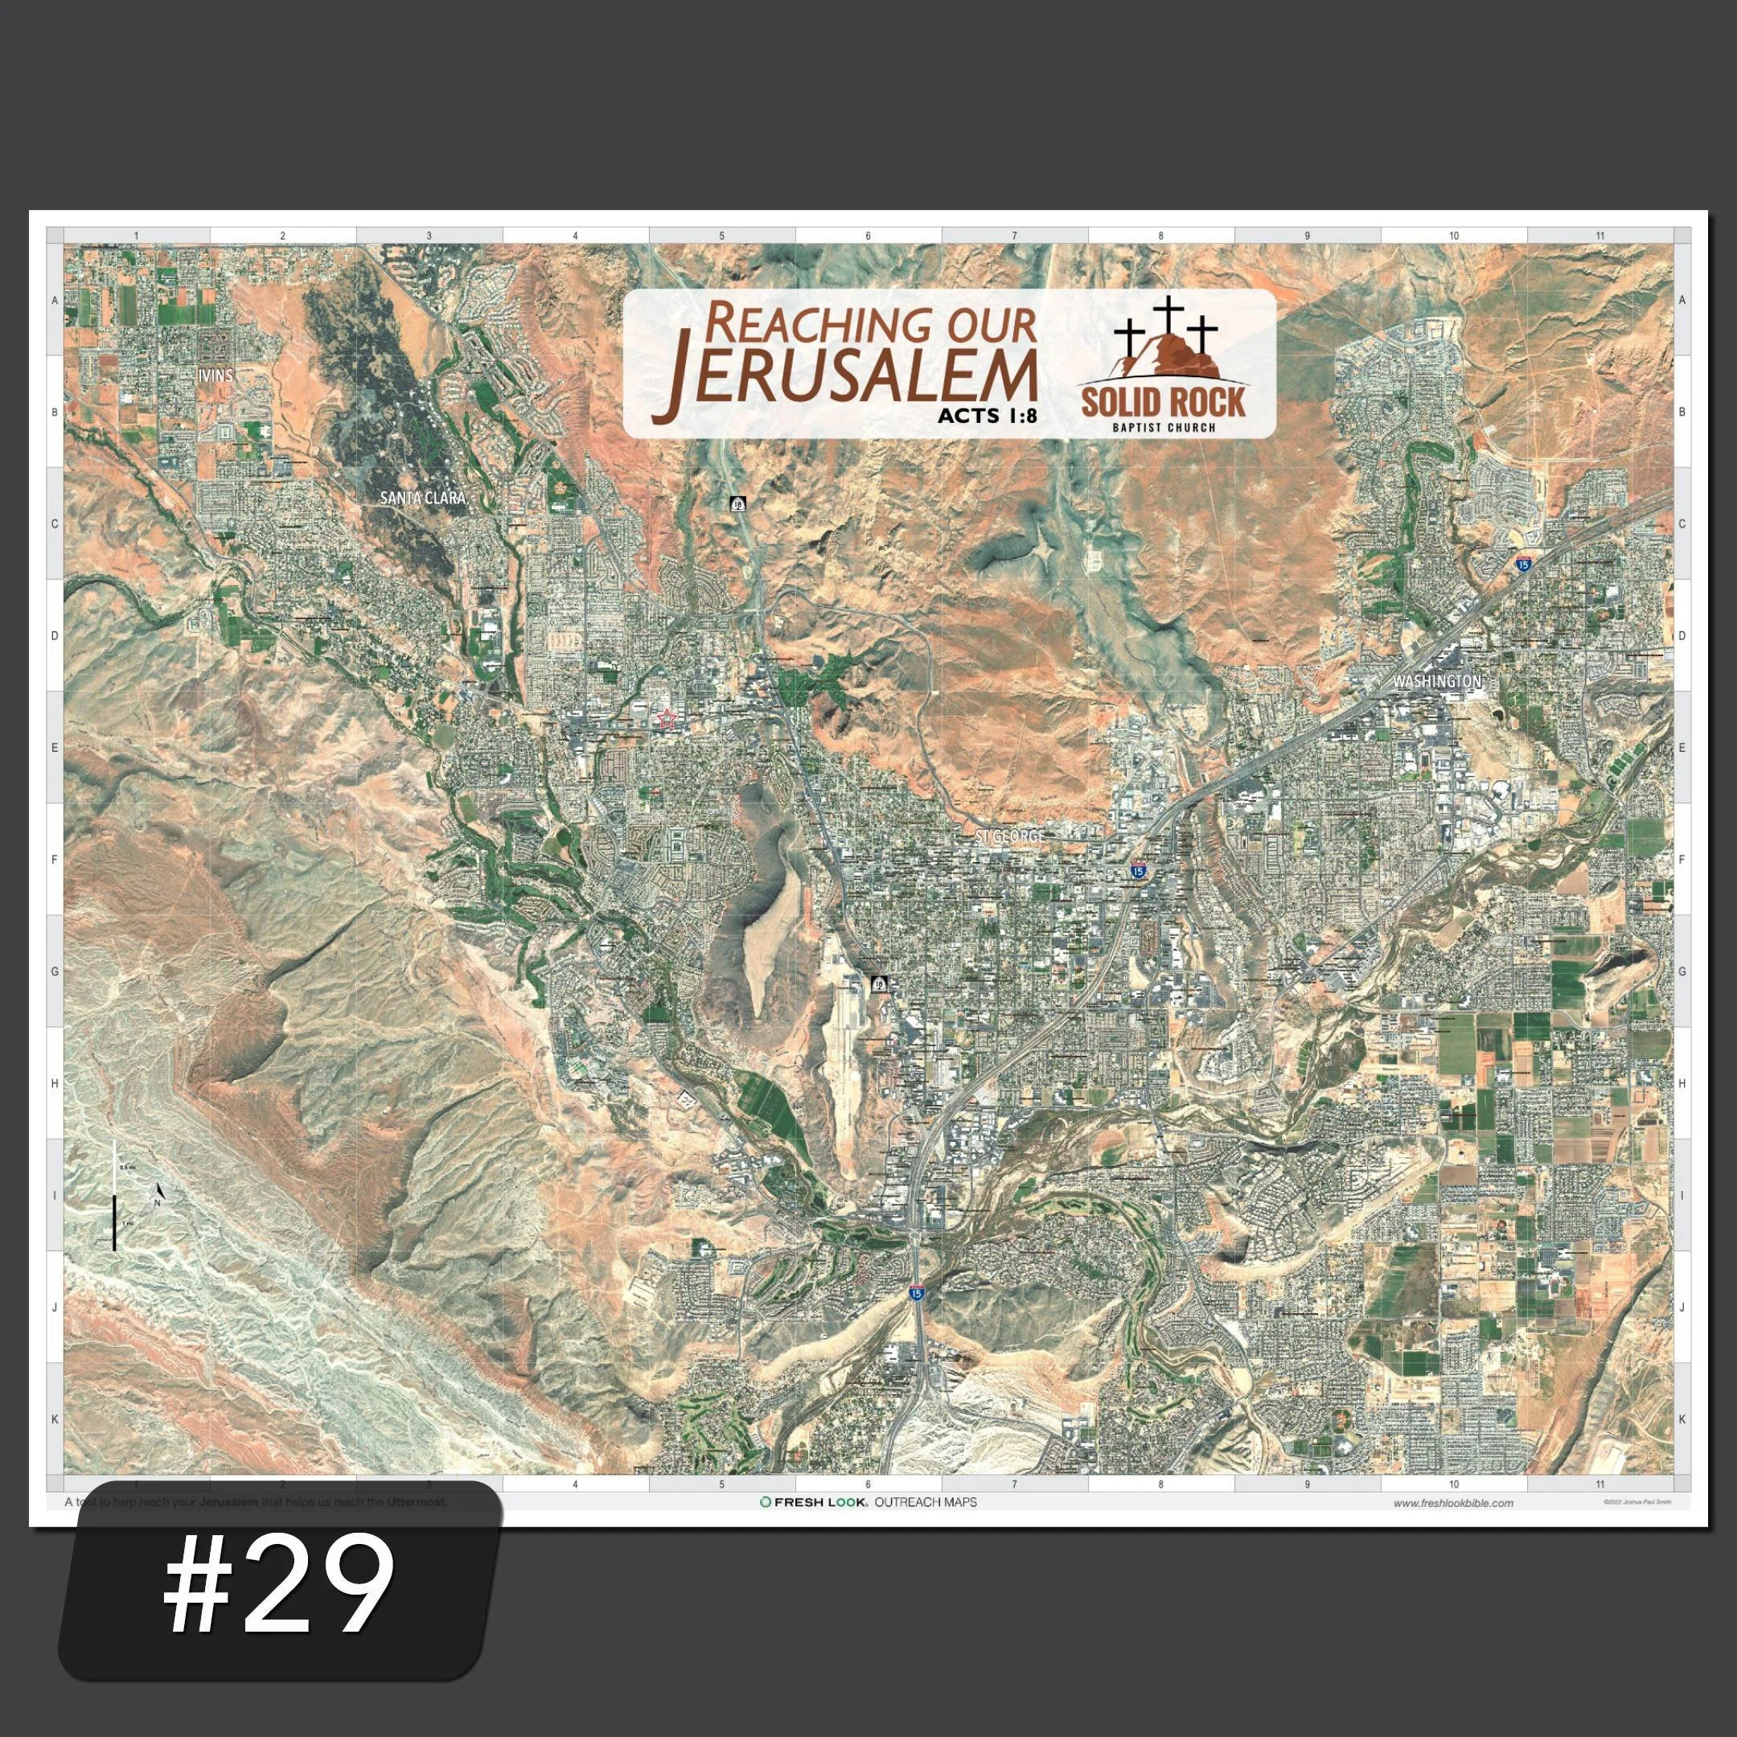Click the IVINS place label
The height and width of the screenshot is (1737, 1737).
216,375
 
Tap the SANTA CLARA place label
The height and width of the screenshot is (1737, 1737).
422,497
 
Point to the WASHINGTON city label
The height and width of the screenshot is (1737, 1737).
1435,683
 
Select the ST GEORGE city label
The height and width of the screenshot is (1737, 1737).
1011,836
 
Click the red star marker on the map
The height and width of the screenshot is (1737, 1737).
666,717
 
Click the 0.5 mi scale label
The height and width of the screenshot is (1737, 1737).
127,1167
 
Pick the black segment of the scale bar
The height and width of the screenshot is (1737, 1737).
114,1222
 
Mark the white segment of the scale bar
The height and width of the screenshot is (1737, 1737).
114,1168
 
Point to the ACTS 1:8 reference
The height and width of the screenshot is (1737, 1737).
986,416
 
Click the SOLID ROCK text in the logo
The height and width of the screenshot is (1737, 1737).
1164,402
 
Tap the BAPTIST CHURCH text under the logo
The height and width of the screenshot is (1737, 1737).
1164,427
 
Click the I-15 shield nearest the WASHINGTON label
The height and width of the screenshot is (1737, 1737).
1522,564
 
